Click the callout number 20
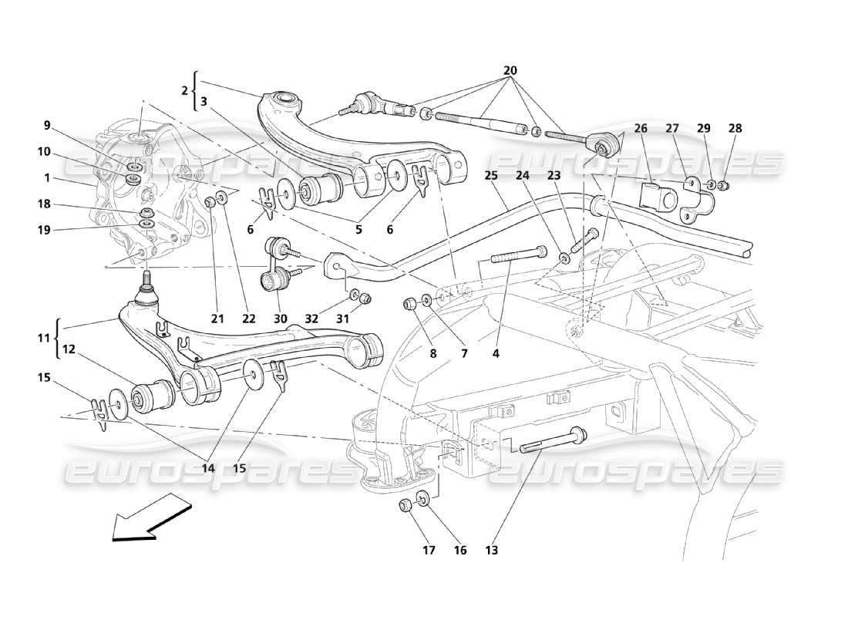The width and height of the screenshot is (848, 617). [x=509, y=71]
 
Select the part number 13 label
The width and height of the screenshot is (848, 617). [x=492, y=551]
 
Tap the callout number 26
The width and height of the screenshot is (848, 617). [x=641, y=128]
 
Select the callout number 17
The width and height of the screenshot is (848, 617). [x=429, y=551]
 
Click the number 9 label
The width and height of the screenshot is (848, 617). [x=47, y=125]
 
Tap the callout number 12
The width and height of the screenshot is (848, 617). [x=69, y=349]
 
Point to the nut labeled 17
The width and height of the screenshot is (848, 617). [x=404, y=506]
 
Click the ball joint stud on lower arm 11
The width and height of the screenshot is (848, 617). [x=146, y=290]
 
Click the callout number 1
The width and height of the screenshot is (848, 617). [x=47, y=178]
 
